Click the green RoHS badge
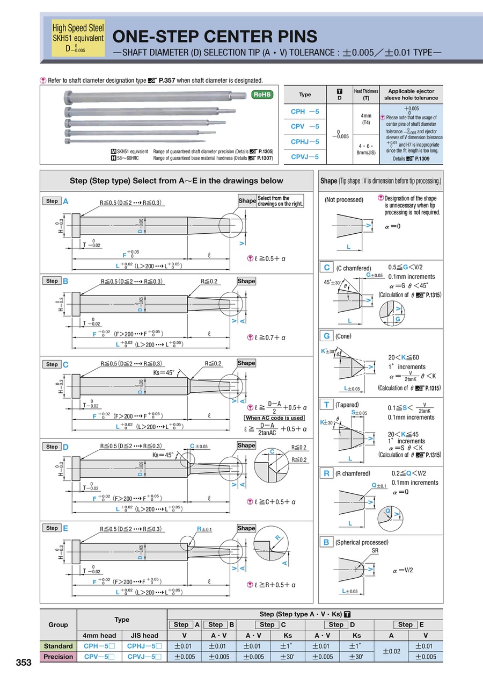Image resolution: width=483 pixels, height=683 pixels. (x=262, y=95)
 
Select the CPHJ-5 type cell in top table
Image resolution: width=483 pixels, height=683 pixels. (x=305, y=142)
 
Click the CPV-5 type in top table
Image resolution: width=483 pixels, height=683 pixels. (x=305, y=127)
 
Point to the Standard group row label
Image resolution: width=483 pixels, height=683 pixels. (x=58, y=646)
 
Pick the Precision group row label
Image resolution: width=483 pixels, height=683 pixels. (x=58, y=657)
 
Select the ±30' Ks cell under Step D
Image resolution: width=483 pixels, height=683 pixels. (x=355, y=657)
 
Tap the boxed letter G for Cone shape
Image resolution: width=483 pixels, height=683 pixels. (x=326, y=336)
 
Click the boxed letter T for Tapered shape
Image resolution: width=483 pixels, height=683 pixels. (x=326, y=405)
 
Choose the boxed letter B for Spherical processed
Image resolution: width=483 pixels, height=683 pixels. (x=326, y=542)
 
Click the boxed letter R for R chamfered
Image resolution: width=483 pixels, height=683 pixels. (x=326, y=473)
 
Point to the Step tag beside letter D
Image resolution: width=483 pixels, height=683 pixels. (x=52, y=447)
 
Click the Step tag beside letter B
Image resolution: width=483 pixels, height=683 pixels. (x=52, y=281)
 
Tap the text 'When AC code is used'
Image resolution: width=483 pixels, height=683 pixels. (x=274, y=418)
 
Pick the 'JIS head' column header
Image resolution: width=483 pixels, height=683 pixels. (x=144, y=635)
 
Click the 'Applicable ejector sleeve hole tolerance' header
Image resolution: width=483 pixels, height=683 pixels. (x=411, y=95)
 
